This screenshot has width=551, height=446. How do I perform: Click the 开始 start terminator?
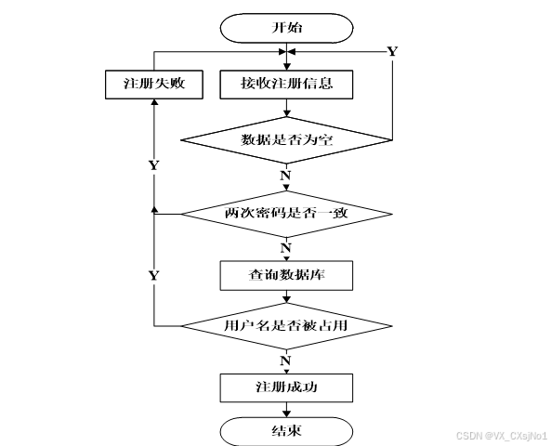pos(286,28)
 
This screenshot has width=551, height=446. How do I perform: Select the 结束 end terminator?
pos(286,430)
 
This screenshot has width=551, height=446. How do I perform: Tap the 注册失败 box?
pos(154,84)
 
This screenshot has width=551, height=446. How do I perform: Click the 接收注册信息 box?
pos(286,84)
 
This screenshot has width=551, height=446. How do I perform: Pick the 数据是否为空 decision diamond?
pos(286,140)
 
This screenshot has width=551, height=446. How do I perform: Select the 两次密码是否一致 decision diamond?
pos(286,213)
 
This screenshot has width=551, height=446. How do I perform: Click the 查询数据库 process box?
pos(286,274)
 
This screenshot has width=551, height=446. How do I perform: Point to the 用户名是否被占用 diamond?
pos(286,326)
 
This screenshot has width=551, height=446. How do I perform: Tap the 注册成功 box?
pos(286,387)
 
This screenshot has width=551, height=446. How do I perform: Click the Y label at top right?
pos(391,51)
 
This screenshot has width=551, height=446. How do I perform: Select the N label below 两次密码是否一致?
pos(286,247)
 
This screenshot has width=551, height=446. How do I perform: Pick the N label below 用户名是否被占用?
pos(286,359)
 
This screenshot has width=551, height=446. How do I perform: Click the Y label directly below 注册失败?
pos(153,164)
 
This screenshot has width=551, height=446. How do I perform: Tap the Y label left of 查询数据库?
pos(153,275)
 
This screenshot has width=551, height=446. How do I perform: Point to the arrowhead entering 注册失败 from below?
pos(154,102)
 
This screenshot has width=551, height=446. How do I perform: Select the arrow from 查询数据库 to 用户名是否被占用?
pos(286,297)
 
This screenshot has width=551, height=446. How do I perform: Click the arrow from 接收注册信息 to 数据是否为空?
pos(286,107)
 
